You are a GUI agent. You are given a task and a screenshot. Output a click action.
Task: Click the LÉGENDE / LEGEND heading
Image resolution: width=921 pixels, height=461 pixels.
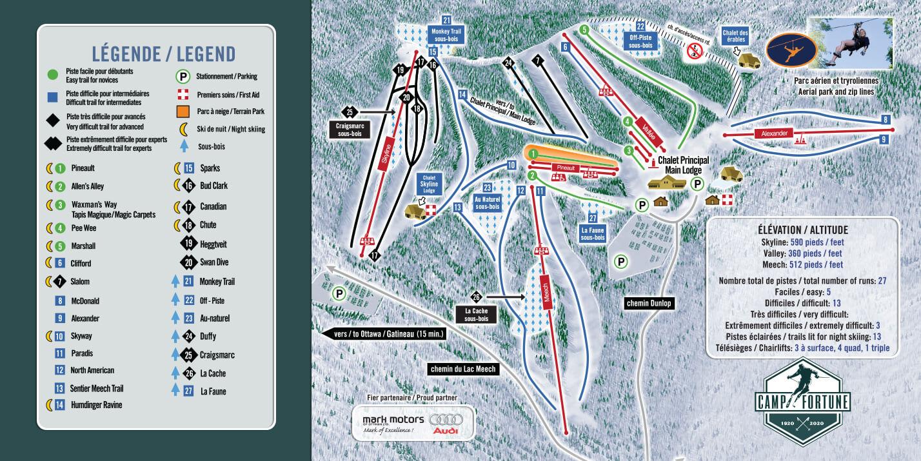[163, 53]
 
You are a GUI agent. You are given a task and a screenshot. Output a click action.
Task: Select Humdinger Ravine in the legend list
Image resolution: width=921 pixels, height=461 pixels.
[96, 405]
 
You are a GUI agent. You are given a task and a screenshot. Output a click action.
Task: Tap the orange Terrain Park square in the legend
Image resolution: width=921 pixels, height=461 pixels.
[183, 111]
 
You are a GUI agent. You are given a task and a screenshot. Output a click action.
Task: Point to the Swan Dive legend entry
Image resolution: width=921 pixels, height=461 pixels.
[213, 262]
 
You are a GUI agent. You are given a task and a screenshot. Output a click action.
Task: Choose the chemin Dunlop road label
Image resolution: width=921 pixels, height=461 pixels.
[648, 304]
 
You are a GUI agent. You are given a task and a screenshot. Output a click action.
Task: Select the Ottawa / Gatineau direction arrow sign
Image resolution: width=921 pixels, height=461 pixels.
[383, 335]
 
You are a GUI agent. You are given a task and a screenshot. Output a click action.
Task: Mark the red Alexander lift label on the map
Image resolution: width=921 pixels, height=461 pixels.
[775, 133]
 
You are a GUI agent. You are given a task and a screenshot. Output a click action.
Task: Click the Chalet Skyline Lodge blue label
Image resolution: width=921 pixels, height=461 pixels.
[429, 184]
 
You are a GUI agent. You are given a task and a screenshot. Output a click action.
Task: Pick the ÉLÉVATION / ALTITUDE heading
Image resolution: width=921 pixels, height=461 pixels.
[802, 230]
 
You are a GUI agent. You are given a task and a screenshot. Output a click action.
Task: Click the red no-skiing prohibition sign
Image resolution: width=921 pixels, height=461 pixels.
[694, 50]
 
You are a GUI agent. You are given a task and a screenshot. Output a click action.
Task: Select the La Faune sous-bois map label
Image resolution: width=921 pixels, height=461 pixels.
[593, 233]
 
